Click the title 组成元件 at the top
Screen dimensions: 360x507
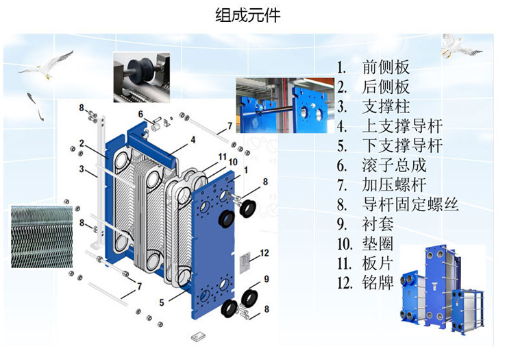pos(253,15)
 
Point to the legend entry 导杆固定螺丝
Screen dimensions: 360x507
pos(410,204)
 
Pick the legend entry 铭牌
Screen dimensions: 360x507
pos(378,283)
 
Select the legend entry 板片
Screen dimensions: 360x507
pos(378,263)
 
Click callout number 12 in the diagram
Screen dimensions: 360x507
pos(264,253)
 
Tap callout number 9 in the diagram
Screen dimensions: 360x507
pos(267,278)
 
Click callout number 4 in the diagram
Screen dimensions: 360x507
pos(193,140)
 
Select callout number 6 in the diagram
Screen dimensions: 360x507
pos(140,114)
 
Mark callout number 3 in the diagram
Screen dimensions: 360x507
pos(81,169)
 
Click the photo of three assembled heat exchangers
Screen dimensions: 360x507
pos(441,287)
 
